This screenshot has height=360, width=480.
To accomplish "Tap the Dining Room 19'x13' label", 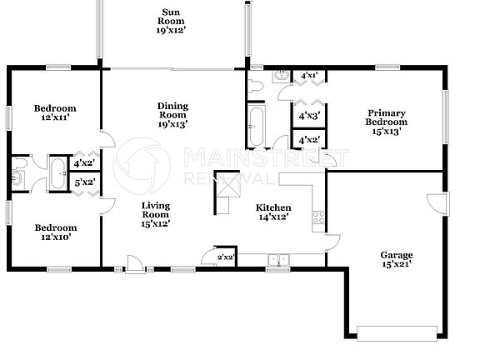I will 172,114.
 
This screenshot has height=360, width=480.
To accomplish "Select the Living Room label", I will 155,214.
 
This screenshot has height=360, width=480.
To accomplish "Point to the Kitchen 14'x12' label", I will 272,212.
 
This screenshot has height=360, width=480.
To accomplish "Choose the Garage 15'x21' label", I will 397,260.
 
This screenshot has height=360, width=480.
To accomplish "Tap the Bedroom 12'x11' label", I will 55,113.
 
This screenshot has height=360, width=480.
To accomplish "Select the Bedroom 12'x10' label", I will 55,232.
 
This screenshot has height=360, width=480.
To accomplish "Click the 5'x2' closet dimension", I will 84,182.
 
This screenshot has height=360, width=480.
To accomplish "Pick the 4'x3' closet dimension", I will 310,116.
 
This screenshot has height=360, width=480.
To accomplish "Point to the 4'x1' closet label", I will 308,76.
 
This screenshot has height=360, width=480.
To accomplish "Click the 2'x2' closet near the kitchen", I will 224,257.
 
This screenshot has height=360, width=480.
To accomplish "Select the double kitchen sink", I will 277,259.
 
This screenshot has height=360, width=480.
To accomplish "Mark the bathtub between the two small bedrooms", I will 58,176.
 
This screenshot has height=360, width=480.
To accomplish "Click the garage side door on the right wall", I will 439,202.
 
